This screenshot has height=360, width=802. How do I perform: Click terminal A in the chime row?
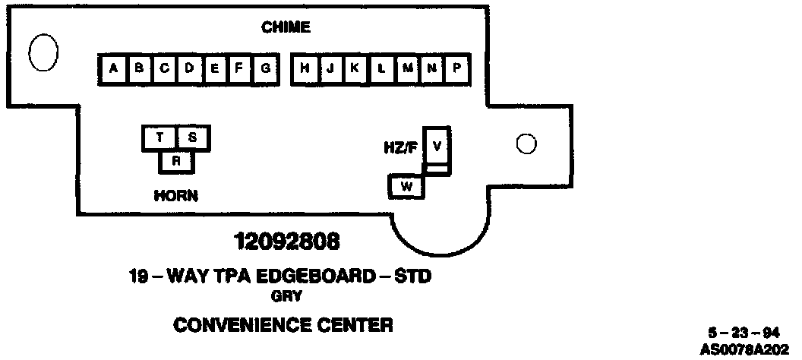113,68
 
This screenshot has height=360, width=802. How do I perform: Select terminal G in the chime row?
266,68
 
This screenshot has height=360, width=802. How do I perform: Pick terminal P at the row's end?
457,68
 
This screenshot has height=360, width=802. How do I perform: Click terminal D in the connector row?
190,68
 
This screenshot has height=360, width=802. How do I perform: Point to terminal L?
381,68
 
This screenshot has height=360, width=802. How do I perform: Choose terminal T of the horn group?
159,137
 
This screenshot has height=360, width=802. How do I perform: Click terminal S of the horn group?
193,137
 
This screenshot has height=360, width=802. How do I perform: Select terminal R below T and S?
176,161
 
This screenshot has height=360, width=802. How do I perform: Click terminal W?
406,186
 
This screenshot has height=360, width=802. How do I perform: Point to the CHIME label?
286,28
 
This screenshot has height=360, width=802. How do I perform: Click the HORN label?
175,195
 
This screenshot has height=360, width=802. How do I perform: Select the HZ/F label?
400,146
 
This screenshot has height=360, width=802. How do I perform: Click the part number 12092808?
286,243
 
